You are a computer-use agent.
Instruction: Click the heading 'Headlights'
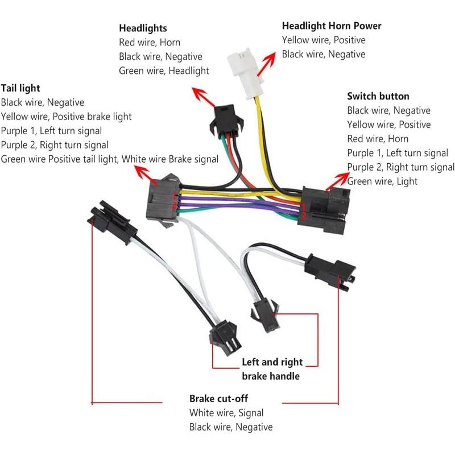pos(143,28)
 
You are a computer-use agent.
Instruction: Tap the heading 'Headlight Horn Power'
pos(332,26)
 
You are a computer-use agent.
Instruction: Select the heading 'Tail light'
pos(20,88)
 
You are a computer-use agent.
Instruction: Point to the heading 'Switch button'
pos(378,96)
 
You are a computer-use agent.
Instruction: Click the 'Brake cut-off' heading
pos(218,399)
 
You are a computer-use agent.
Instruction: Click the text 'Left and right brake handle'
pos(272,369)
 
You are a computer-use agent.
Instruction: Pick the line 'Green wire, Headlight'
pos(164,71)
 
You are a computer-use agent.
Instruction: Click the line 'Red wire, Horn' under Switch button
pos(378,139)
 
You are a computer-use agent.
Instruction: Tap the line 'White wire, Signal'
pos(226,413)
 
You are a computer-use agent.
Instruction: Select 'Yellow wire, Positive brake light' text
pos(66,117)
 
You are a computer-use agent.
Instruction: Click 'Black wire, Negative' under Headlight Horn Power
pos(324,54)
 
